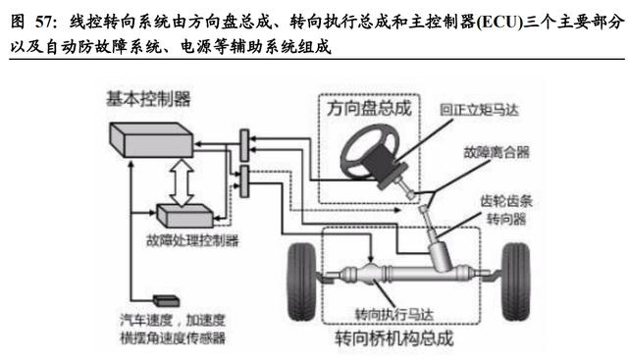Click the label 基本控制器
point(148,99)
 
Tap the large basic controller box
point(151,139)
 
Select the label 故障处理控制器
point(192,240)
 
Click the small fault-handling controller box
point(184,216)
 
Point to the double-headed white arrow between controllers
point(182,182)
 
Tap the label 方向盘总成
point(369,108)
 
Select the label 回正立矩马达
point(479,110)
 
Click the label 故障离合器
point(497,152)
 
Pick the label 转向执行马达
point(394,314)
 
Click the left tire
point(302,282)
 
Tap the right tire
point(516,282)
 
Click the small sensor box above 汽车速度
point(166,301)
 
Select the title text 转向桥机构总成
point(394,338)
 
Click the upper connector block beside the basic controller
point(244,145)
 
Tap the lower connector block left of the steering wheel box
point(244,181)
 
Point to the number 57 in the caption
point(43,22)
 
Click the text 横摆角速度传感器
point(173,338)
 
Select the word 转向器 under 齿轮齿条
point(506,219)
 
